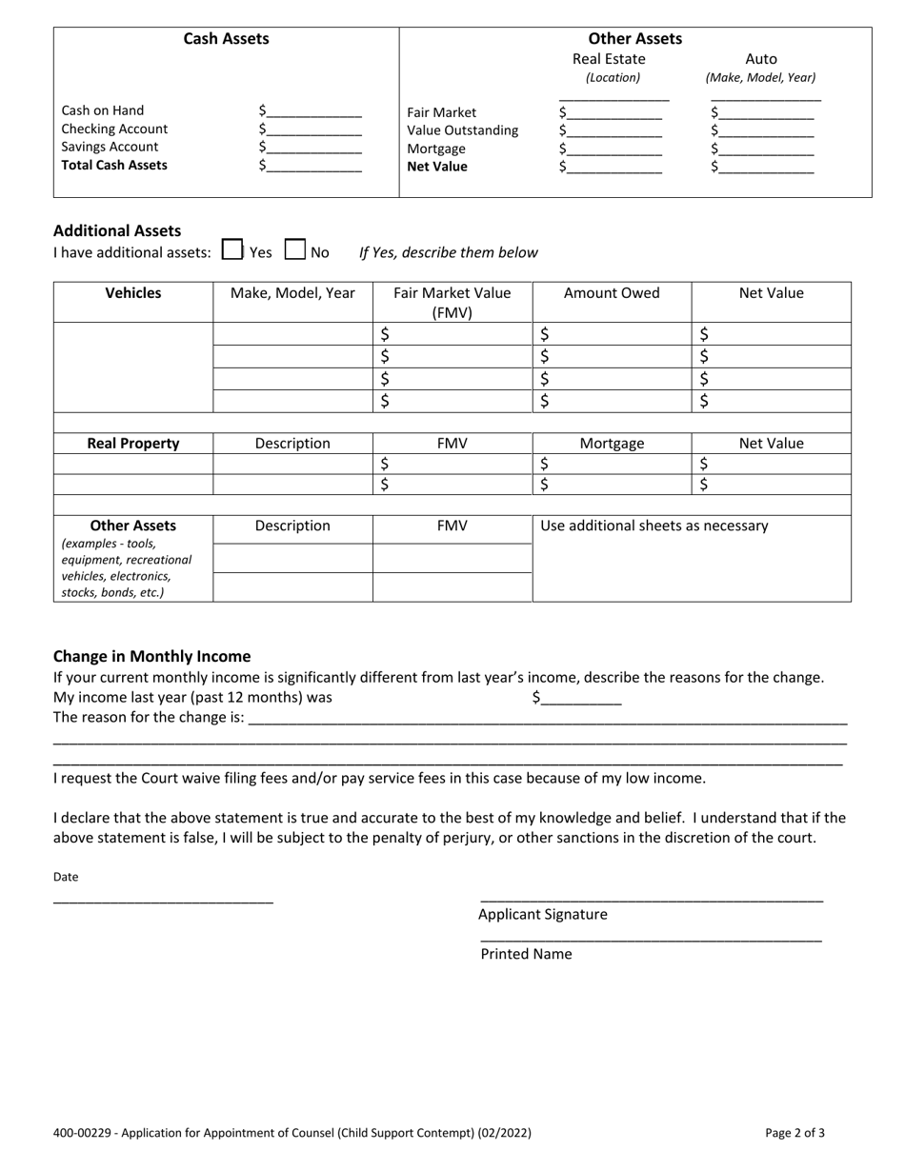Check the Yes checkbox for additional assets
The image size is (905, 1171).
(x=231, y=250)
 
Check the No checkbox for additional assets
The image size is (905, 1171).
(x=295, y=250)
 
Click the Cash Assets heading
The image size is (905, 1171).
(x=226, y=39)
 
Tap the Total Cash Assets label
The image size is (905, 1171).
(x=114, y=165)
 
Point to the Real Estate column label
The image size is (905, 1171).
(x=609, y=59)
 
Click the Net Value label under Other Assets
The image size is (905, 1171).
(x=437, y=167)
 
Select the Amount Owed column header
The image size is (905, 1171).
(x=612, y=293)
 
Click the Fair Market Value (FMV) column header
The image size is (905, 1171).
(x=452, y=302)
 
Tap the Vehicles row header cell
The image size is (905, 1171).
(x=132, y=293)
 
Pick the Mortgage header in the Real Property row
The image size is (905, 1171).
(x=612, y=444)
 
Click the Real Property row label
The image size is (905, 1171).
(x=132, y=444)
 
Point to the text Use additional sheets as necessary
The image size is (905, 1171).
(x=654, y=526)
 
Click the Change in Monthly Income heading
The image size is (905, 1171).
(x=152, y=656)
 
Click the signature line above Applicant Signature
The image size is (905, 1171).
(x=652, y=899)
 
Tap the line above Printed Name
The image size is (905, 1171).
(x=652, y=940)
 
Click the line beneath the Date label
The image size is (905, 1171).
(x=163, y=900)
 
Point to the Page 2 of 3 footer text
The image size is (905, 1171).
(x=794, y=1133)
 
